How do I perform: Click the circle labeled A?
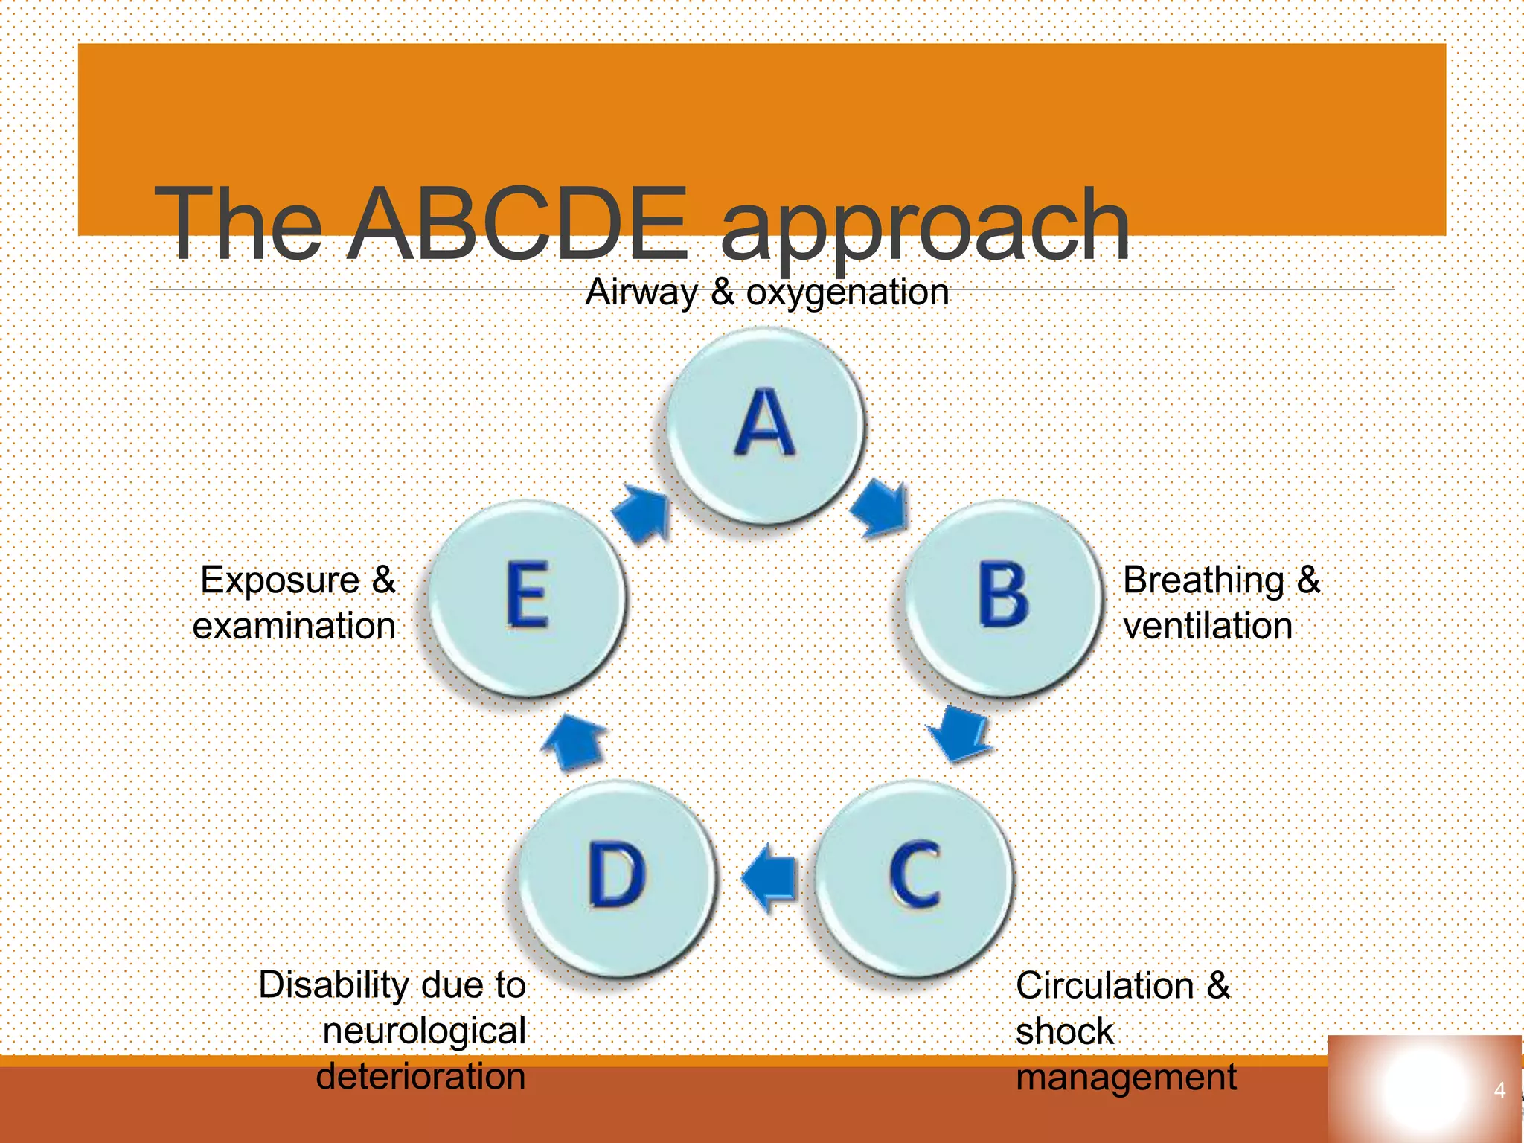click(765, 426)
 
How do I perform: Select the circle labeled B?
click(1003, 598)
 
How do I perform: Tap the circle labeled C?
click(914, 877)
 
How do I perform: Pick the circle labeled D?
click(616, 877)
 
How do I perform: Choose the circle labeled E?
click(527, 598)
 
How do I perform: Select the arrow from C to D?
click(769, 877)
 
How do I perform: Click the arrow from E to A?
click(642, 513)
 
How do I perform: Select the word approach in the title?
click(925, 228)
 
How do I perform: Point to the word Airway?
click(641, 292)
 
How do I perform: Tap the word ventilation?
click(1207, 626)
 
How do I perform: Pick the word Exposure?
click(281, 580)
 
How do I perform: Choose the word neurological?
click(424, 1031)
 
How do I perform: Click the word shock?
click(1064, 1032)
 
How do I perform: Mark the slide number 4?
click(1499, 1091)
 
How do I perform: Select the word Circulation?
click(1104, 986)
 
